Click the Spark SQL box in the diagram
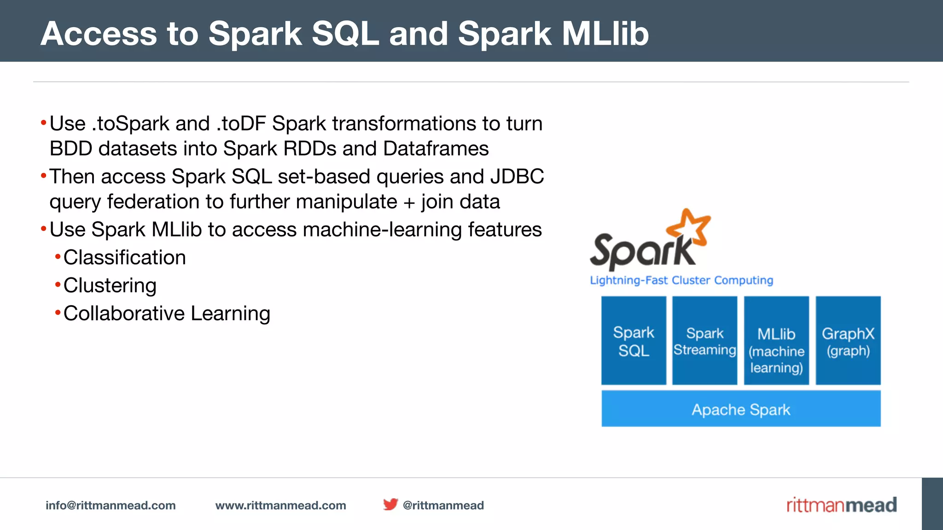[634, 340]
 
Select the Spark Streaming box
[704, 340]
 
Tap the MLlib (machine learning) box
[776, 340]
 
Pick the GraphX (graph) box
[848, 340]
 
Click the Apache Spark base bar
[741, 409]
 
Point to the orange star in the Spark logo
[690, 226]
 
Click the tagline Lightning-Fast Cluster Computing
[681, 280]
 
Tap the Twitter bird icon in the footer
[390, 504]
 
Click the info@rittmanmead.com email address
[111, 505]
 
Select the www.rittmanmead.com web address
[280, 505]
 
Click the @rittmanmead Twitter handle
[443, 505]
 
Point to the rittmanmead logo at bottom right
[841, 505]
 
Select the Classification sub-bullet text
[124, 257]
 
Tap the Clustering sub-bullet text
[110, 285]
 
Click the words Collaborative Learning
[167, 313]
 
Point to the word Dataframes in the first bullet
[436, 149]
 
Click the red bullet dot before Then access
[44, 175]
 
